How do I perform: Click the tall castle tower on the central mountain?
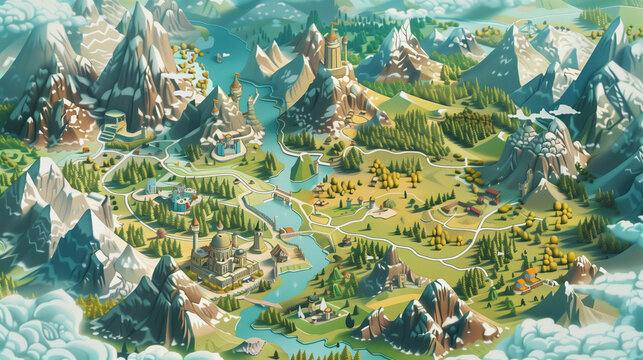click(x=332, y=50)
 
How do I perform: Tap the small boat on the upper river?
click(x=219, y=57)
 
